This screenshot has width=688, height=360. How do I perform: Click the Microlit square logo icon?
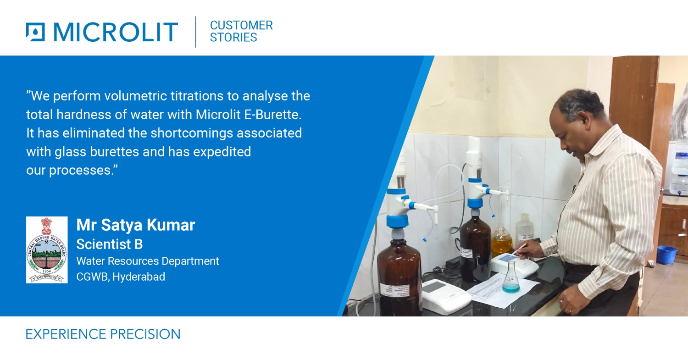coord(35,32)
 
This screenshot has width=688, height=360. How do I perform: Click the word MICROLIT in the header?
coord(115,32)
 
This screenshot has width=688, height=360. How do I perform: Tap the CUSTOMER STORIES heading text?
coord(241,31)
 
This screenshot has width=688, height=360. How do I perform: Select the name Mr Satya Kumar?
coord(135,225)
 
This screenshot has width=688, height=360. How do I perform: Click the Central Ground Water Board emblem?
coord(47,249)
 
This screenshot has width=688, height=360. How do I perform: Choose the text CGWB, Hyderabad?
coord(120,277)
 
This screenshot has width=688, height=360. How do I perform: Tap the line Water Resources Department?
coord(147,261)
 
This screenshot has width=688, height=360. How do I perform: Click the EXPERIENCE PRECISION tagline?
coord(103,334)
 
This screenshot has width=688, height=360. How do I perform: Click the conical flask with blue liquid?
coord(510,282)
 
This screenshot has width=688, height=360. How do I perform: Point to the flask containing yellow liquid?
coord(501,240)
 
